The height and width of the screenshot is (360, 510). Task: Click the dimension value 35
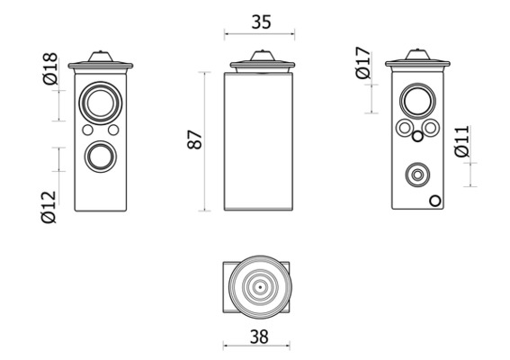[261, 22]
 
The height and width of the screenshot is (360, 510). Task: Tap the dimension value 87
[195, 139]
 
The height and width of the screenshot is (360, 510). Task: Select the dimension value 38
[259, 337]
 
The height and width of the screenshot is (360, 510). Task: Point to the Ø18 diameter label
[50, 68]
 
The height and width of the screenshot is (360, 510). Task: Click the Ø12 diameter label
[49, 207]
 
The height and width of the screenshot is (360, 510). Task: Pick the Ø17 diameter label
[363, 63]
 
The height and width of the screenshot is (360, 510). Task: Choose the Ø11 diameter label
[462, 141]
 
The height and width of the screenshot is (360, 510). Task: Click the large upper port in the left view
[101, 103]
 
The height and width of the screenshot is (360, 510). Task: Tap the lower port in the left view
[101, 157]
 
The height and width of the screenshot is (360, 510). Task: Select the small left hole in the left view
[87, 130]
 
